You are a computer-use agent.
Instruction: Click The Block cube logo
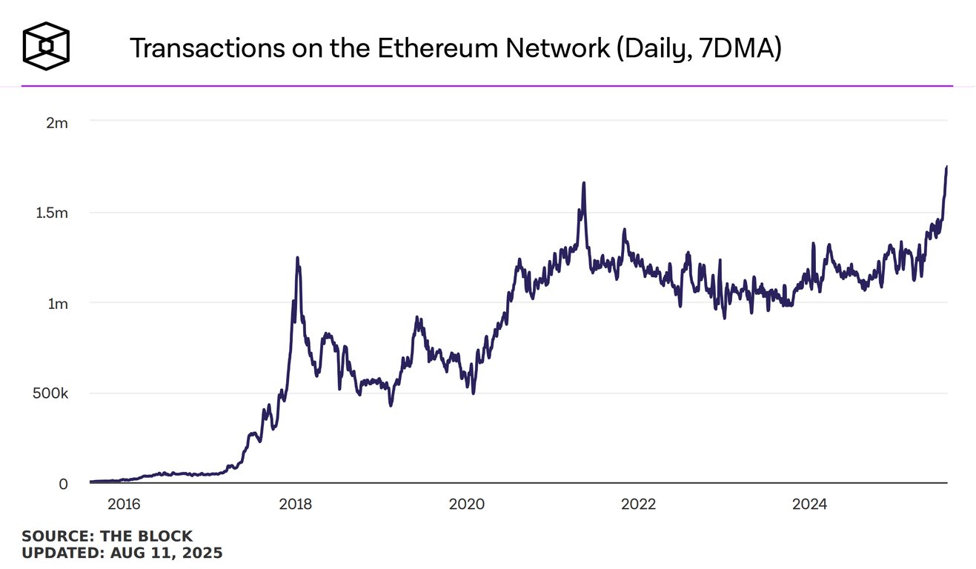tap(46, 46)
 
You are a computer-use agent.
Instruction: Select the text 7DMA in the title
tap(729, 48)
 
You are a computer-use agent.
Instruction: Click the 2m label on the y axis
tap(57, 123)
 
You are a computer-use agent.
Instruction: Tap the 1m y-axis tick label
tap(57, 304)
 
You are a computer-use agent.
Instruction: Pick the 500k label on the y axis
tap(51, 394)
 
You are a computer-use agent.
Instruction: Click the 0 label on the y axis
tap(64, 484)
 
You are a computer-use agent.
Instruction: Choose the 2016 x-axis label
tap(124, 505)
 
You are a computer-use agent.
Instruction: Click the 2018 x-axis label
tap(295, 505)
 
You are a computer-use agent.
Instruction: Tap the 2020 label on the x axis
tap(467, 505)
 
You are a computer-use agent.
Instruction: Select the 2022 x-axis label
tap(638, 505)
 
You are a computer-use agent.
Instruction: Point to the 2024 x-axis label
tap(809, 505)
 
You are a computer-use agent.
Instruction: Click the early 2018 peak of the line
tap(297, 258)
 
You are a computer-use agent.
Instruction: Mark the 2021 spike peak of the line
tap(584, 183)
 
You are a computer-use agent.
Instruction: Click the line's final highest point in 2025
tap(946, 167)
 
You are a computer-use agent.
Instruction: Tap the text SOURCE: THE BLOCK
tap(107, 536)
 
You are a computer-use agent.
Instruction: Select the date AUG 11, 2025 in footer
tap(167, 553)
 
